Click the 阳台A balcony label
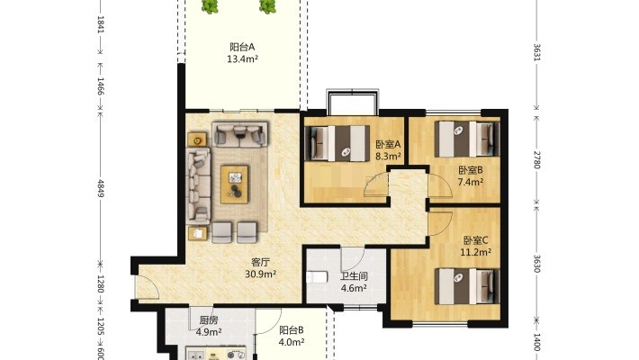pos(242,47)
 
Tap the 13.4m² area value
pos(242,59)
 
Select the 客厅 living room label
pos(261,262)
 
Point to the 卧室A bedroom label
pos(389,144)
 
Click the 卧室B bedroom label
pos(471,170)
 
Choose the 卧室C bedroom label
pos(475,240)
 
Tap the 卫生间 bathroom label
pos(354,276)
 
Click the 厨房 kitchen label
pos(209,320)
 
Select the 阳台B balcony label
pos(292,330)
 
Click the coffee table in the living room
pos(234,184)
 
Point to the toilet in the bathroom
pos(317,277)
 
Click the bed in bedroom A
pos(337,143)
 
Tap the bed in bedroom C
pos(467,286)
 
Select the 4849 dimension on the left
pos(101,188)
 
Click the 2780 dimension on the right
pos(536,160)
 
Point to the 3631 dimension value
pos(536,52)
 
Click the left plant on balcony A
pos(210,6)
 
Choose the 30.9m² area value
pos(261,274)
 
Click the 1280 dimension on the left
pos(101,284)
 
